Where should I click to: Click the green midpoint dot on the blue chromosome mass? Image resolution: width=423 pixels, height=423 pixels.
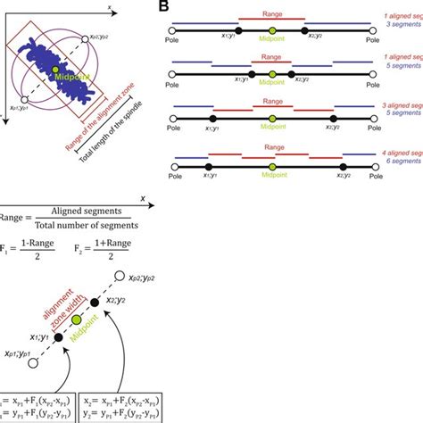click(58, 69)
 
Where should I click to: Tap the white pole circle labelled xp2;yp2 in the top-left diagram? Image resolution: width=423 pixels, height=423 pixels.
click(82, 37)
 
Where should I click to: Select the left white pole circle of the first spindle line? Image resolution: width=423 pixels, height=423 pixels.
click(171, 31)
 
